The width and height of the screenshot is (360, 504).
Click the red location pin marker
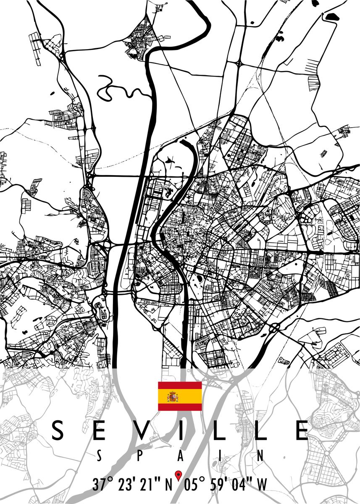(178, 475)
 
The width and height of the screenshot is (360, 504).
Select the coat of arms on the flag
(173, 396)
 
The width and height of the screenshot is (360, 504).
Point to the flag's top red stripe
(180, 386)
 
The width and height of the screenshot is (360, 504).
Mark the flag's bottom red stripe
(180, 407)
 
